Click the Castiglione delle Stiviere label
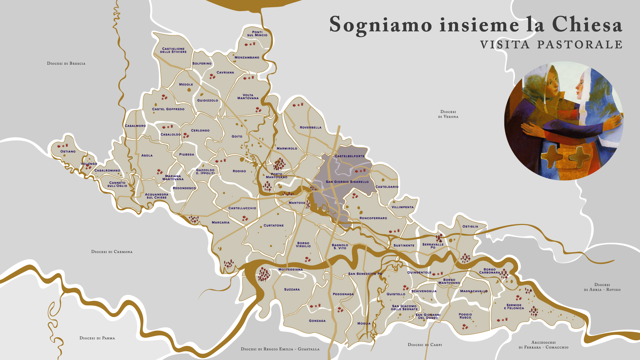tap(173, 50)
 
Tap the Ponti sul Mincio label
tap(257, 34)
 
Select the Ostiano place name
tap(68, 151)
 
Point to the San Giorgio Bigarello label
tap(347, 182)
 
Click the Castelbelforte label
tap(350, 156)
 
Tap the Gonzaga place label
tap(317, 321)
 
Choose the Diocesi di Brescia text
tap(66, 63)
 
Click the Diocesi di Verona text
tap(448, 114)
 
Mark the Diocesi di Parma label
tap(97, 338)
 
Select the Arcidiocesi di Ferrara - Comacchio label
tap(543, 345)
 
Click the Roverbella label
tap(311, 128)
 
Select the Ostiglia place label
tap(470, 227)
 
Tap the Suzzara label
tap(292, 290)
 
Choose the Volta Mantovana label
tap(248, 97)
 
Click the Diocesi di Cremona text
tap(112, 252)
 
